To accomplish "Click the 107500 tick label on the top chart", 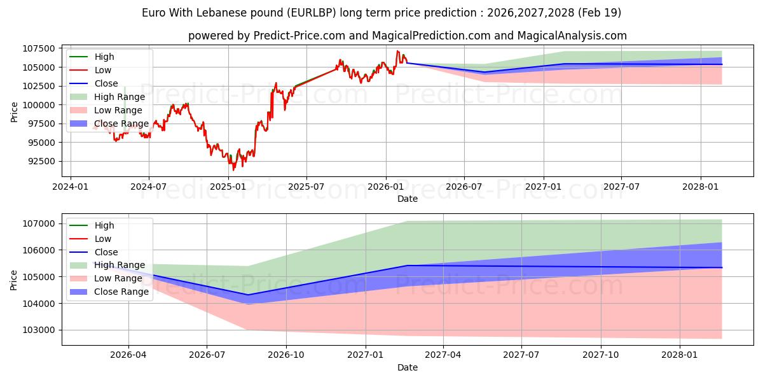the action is [x=39, y=49].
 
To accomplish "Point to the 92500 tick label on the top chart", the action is [x=41, y=161].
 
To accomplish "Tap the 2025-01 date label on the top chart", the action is [x=228, y=187].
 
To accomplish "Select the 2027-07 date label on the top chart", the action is [x=621, y=187].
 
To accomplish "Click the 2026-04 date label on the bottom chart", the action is [x=128, y=355].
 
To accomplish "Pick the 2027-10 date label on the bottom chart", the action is [x=600, y=355].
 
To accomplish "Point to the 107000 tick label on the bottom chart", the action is [x=39, y=223].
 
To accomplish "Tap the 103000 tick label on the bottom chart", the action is [x=39, y=330].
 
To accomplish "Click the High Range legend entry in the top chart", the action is [x=107, y=97].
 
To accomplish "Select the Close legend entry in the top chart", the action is [x=93, y=83].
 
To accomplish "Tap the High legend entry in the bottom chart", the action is [x=92, y=225].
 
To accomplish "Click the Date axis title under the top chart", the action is [x=408, y=199].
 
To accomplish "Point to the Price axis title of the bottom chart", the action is [x=13, y=280].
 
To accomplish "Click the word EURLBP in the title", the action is [x=312, y=13].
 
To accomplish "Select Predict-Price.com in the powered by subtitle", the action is [x=299, y=36].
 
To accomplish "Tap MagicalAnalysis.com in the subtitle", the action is [x=572, y=36].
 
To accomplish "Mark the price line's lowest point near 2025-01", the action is [x=233, y=170].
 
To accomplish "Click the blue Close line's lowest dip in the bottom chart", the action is [x=247, y=295].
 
